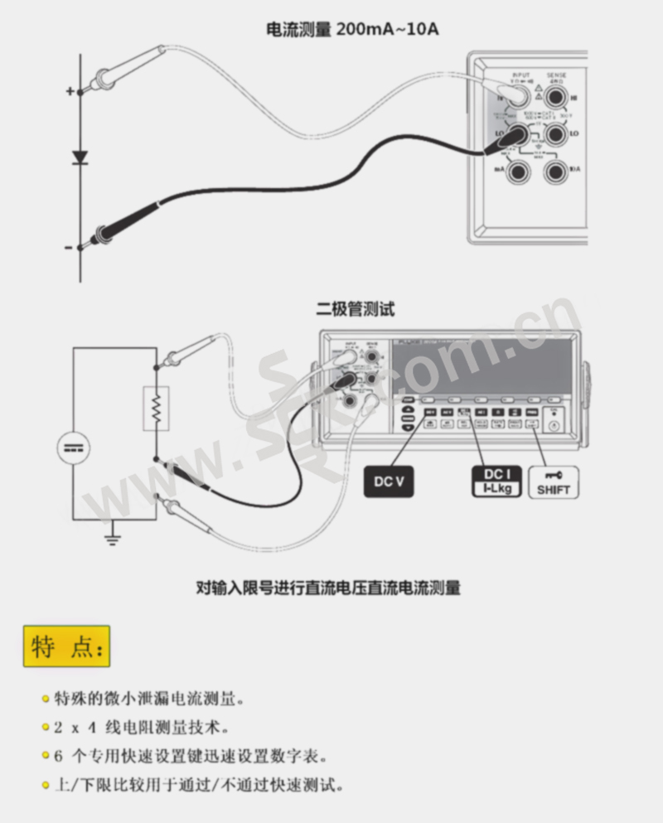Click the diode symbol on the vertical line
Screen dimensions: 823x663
(80, 157)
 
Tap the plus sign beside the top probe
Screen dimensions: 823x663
(70, 90)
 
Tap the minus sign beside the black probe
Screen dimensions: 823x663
(69, 247)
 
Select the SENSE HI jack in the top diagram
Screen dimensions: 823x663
(556, 98)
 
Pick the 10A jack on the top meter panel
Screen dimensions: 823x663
(555, 171)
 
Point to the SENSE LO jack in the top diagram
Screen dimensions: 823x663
(556, 133)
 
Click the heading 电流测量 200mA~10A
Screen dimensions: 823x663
(351, 30)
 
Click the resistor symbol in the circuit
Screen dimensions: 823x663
(155, 407)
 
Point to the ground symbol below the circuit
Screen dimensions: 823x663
(113, 540)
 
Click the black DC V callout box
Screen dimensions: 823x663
(388, 481)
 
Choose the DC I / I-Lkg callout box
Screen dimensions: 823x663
(496, 481)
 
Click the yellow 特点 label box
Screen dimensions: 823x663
(66, 646)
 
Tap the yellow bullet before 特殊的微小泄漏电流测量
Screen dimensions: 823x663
(45, 699)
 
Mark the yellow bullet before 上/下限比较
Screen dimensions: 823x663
(45, 784)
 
